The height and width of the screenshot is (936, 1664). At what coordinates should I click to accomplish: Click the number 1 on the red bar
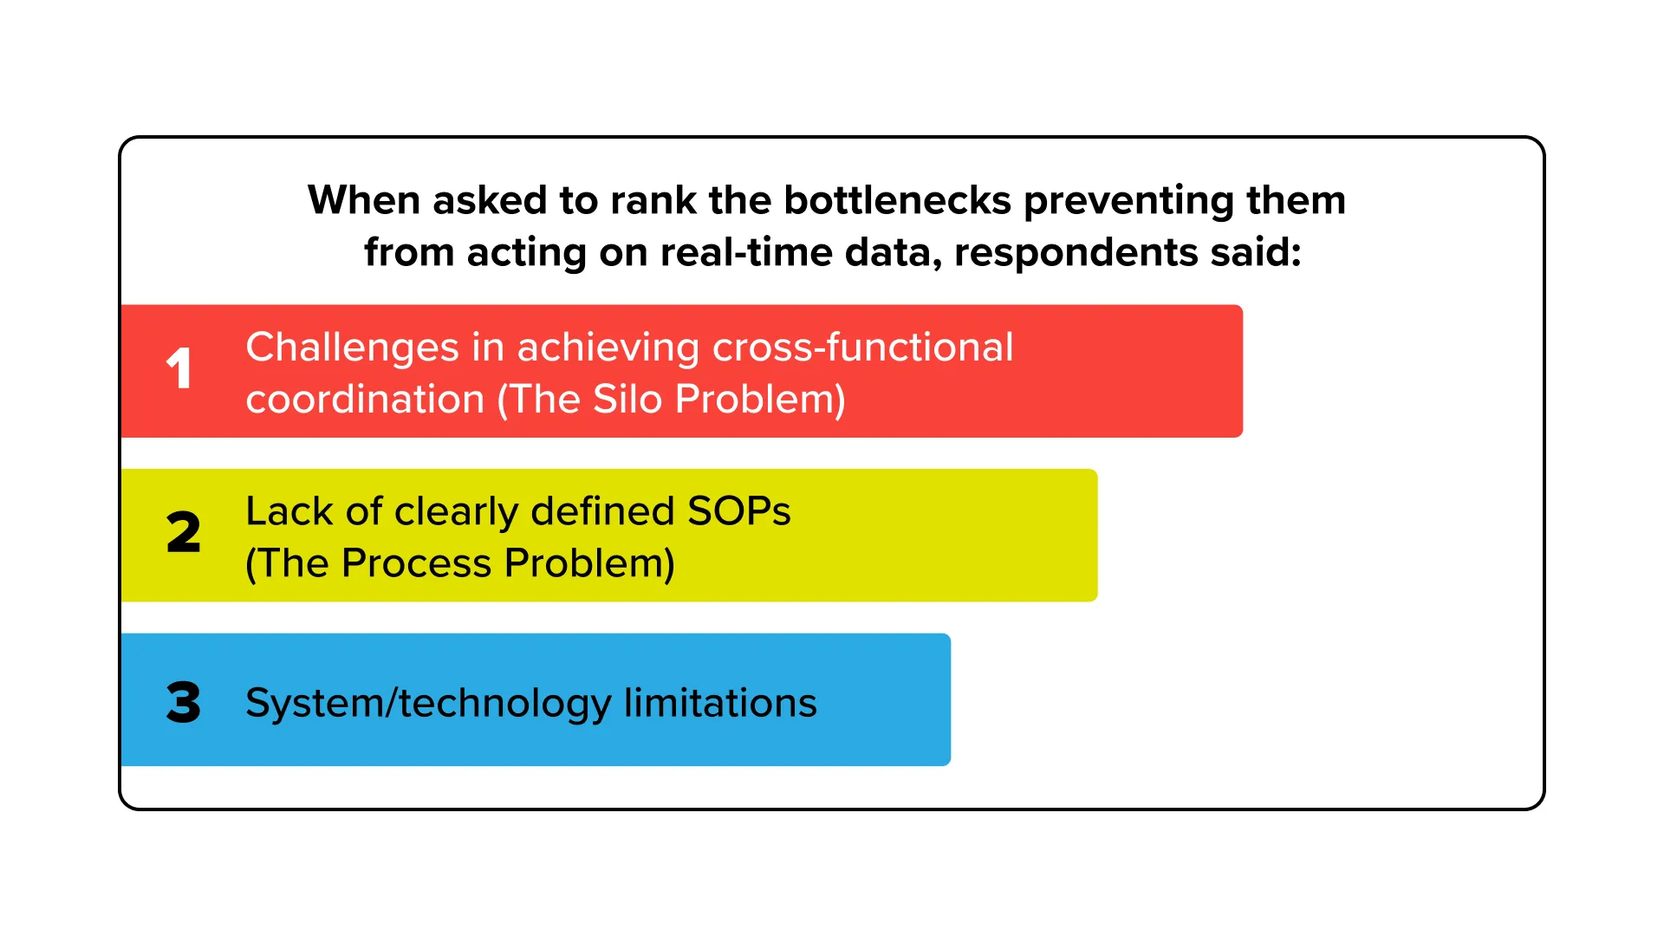(x=179, y=368)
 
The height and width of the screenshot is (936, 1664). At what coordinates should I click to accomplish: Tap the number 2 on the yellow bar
(x=183, y=532)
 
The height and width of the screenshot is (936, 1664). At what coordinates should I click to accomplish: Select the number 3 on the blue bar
(x=183, y=702)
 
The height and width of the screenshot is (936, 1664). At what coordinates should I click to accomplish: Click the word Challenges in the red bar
(x=352, y=348)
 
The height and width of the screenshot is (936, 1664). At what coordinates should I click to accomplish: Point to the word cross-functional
(x=862, y=347)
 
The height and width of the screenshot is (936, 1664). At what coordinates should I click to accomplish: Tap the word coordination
(x=365, y=400)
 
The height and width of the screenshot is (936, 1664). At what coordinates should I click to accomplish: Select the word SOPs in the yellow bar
(x=738, y=511)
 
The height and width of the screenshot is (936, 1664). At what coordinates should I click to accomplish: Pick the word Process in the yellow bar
(x=417, y=563)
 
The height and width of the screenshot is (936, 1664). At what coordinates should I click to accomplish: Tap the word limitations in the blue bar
(x=720, y=703)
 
